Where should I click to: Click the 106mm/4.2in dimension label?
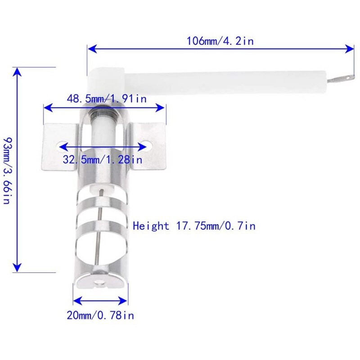click(x=220, y=41)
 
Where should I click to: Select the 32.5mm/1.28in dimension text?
click(x=103, y=159)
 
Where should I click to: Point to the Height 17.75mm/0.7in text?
click(x=194, y=226)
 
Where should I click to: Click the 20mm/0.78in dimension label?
click(x=100, y=315)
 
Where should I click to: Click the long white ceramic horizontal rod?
click(x=225, y=81)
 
